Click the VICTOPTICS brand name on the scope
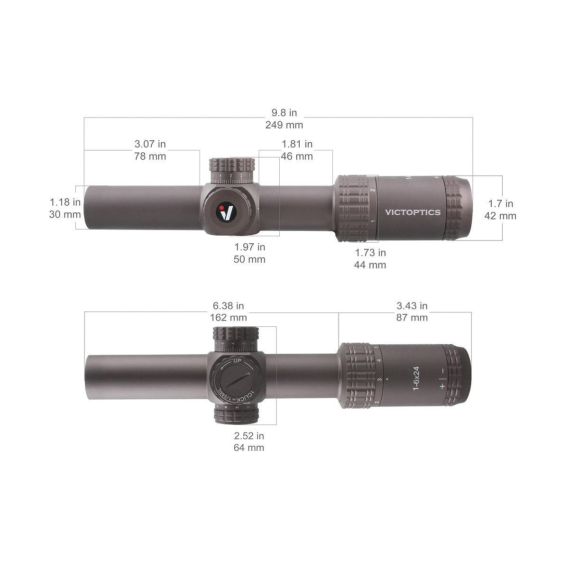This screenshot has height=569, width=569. [x=413, y=212]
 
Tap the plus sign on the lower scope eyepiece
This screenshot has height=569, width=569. [x=442, y=386]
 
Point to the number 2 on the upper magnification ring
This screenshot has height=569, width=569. [x=373, y=190]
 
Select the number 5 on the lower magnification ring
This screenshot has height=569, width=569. [x=376, y=350]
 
